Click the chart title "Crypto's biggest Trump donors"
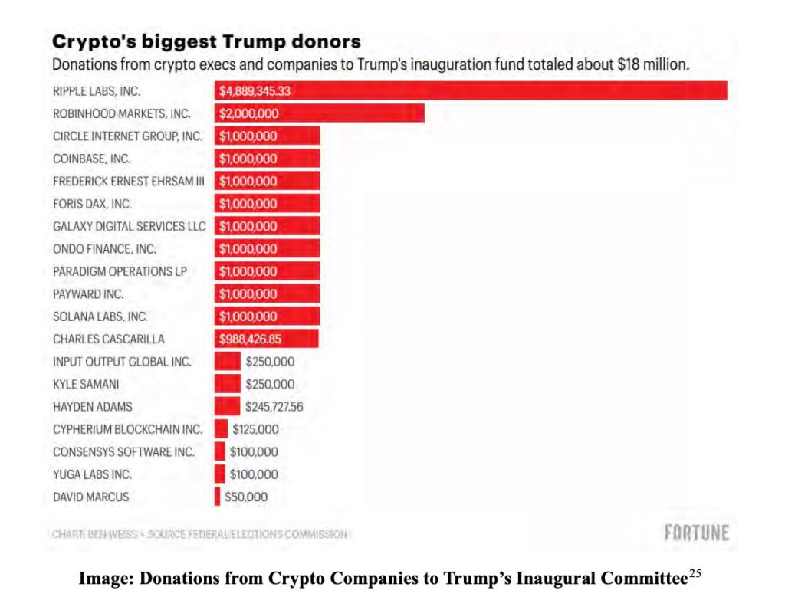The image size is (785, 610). point(206,41)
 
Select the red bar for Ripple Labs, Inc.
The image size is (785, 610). point(471,91)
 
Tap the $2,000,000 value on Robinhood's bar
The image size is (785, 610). point(249,114)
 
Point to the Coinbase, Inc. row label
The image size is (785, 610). point(92,159)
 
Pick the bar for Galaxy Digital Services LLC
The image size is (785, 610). point(267,227)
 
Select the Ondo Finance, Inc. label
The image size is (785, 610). point(104,249)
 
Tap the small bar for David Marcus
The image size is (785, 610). point(218,497)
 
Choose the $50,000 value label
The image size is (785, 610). point(246,497)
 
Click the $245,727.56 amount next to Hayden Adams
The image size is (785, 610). point(274,407)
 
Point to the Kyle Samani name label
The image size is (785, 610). point(86,385)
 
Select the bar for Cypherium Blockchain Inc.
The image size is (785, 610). point(221,429)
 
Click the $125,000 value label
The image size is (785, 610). point(255,430)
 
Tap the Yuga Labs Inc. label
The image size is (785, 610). point(92,474)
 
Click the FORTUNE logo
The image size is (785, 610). point(696,533)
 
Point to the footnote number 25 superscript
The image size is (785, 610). point(695,574)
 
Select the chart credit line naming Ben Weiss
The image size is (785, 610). point(200,534)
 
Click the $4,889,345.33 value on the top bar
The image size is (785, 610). point(255,92)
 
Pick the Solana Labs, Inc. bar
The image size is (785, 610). point(267,316)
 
